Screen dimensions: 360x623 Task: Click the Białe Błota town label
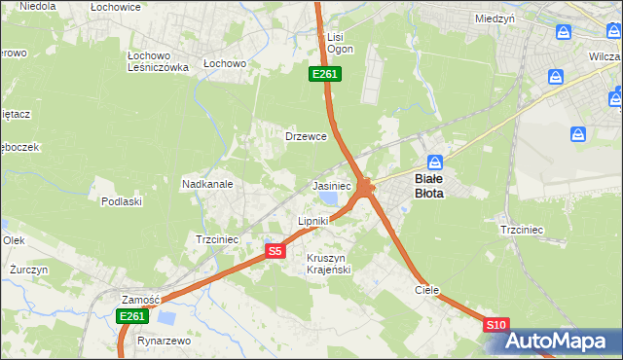[429, 186]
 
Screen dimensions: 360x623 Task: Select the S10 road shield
[495, 326]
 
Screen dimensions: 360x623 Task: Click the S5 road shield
[275, 251]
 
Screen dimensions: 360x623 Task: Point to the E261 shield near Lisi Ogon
[325, 74]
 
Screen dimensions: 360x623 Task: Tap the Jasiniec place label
[331, 185]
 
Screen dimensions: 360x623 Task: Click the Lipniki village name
[313, 222]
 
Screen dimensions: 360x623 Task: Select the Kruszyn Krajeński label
[328, 263]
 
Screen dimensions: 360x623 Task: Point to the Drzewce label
[305, 136]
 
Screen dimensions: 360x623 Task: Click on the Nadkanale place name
[206, 183]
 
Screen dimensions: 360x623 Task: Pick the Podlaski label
[122, 201]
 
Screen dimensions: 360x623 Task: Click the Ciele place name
[427, 290]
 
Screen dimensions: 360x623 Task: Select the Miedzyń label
[494, 18]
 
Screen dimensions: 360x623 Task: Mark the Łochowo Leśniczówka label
[158, 61]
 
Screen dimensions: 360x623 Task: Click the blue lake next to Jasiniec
[329, 198]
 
